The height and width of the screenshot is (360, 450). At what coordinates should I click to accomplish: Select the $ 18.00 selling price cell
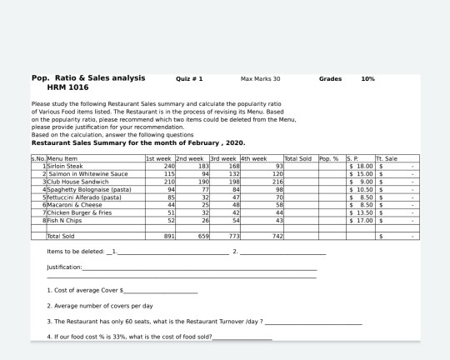pyautogui.click(x=357, y=167)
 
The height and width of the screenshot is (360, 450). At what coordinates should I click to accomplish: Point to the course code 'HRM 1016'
pyautogui.click(x=67, y=87)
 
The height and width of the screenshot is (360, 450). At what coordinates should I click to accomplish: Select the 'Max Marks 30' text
pyautogui.click(x=260, y=79)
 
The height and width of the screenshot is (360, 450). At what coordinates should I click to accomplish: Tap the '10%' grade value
pyautogui.click(x=367, y=79)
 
